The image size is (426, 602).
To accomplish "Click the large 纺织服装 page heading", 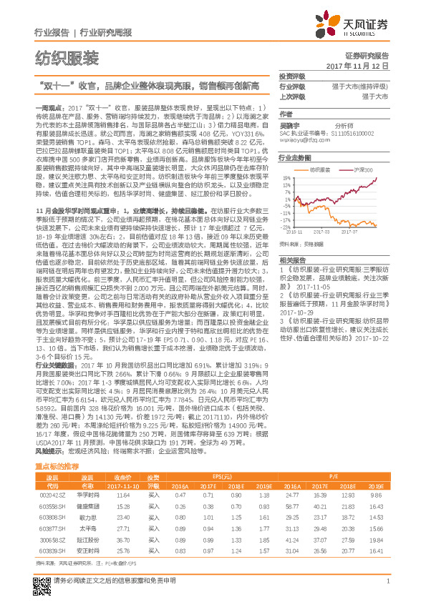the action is pos(67,59).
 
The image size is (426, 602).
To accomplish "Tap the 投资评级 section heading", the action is pos(292,75).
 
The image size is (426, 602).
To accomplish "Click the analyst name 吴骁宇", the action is pos(289,124).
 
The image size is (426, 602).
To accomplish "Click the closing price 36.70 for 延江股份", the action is pos(124,538).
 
